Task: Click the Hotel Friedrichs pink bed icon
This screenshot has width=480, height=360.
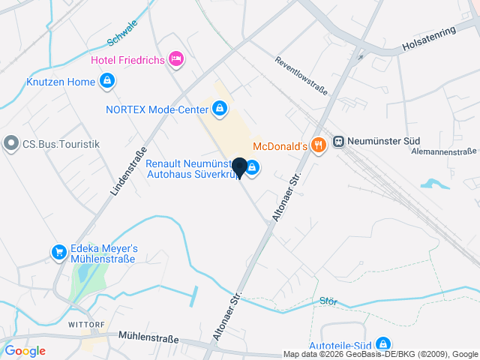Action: click(176, 58)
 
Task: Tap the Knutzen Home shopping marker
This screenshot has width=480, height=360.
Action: click(106, 81)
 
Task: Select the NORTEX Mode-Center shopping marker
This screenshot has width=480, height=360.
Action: click(219, 110)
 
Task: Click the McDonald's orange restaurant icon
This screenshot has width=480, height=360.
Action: click(318, 145)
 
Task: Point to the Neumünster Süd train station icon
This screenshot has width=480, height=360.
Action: click(339, 141)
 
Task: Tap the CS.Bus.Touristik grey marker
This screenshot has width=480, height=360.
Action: click(11, 143)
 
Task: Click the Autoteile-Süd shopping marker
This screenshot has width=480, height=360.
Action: click(383, 343)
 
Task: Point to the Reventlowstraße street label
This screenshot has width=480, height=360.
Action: click(301, 76)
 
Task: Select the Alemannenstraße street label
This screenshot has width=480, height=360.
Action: click(445, 151)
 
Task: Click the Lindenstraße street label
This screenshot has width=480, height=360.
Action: click(127, 172)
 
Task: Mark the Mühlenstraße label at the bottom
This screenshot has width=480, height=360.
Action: click(148, 339)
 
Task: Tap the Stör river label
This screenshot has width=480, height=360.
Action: click(328, 301)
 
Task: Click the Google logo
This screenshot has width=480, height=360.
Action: click(25, 351)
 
